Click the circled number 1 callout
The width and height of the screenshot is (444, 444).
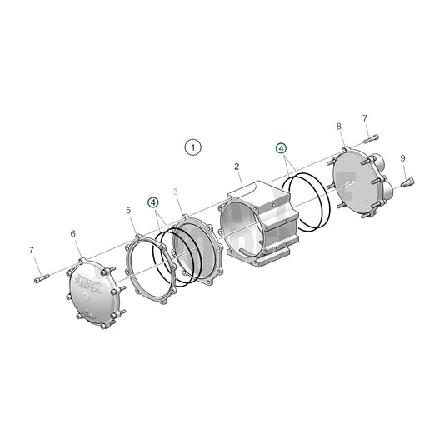[192, 147]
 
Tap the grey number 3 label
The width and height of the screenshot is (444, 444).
[176, 192]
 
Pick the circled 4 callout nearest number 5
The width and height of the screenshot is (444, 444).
[152, 202]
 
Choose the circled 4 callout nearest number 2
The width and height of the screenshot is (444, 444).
[282, 148]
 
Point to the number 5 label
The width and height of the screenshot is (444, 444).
[128, 211]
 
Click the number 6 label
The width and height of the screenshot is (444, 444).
[72, 235]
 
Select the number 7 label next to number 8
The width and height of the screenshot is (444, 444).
[365, 118]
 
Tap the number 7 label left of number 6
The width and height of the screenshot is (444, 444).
[32, 250]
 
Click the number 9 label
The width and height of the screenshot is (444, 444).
[402, 158]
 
